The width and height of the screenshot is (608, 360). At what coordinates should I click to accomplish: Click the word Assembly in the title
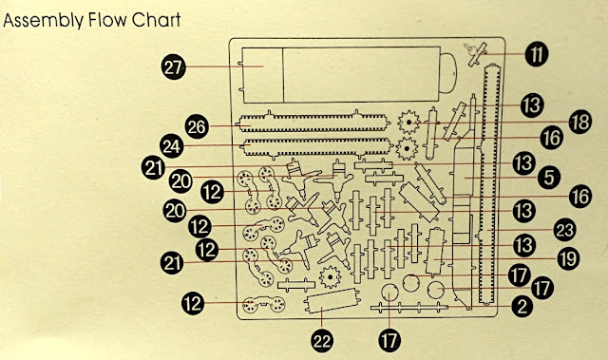tap(43, 21)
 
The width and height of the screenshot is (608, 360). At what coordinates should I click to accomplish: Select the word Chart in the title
tap(156, 20)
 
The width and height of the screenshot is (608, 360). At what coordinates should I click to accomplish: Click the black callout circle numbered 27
tap(174, 67)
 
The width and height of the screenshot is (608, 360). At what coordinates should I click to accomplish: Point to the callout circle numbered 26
tap(198, 126)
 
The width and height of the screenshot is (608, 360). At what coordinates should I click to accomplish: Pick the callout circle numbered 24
tap(172, 146)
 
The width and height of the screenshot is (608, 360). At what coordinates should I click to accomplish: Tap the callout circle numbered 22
tap(322, 340)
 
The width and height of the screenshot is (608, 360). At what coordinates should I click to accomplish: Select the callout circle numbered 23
tap(564, 230)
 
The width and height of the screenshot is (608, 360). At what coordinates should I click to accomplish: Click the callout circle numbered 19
tap(568, 259)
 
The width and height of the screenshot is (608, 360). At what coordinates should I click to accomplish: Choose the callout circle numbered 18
tap(580, 123)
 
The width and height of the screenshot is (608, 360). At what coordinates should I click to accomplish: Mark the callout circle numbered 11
tap(537, 54)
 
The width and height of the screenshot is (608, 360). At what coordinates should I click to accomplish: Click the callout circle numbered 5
tap(549, 177)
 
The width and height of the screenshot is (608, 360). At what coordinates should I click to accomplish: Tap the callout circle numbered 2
tap(522, 307)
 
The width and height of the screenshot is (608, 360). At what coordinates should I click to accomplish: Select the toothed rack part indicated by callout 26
tap(313, 123)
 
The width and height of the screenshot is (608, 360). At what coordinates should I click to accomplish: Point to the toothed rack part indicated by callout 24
tap(314, 147)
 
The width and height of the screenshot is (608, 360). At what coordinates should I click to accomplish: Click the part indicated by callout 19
tap(436, 252)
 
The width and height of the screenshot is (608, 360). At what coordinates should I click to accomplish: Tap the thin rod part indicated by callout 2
tap(409, 308)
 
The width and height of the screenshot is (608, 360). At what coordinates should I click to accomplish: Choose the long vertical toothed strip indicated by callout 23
tap(487, 185)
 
